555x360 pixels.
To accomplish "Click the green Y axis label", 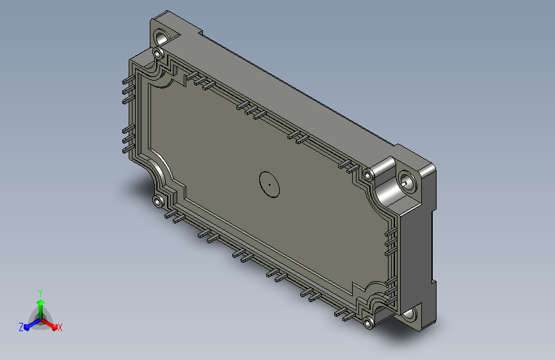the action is point(40,293).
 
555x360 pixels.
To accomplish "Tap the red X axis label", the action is point(60,327).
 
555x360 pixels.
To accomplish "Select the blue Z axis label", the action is point(21,327).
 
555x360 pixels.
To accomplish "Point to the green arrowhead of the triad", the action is point(41,302).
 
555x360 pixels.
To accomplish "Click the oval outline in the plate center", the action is point(269,184).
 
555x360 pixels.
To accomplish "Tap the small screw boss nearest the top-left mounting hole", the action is point(158,54).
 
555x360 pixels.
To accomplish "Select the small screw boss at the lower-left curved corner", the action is point(158,201).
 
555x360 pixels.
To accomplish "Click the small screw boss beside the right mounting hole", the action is point(369,175).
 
